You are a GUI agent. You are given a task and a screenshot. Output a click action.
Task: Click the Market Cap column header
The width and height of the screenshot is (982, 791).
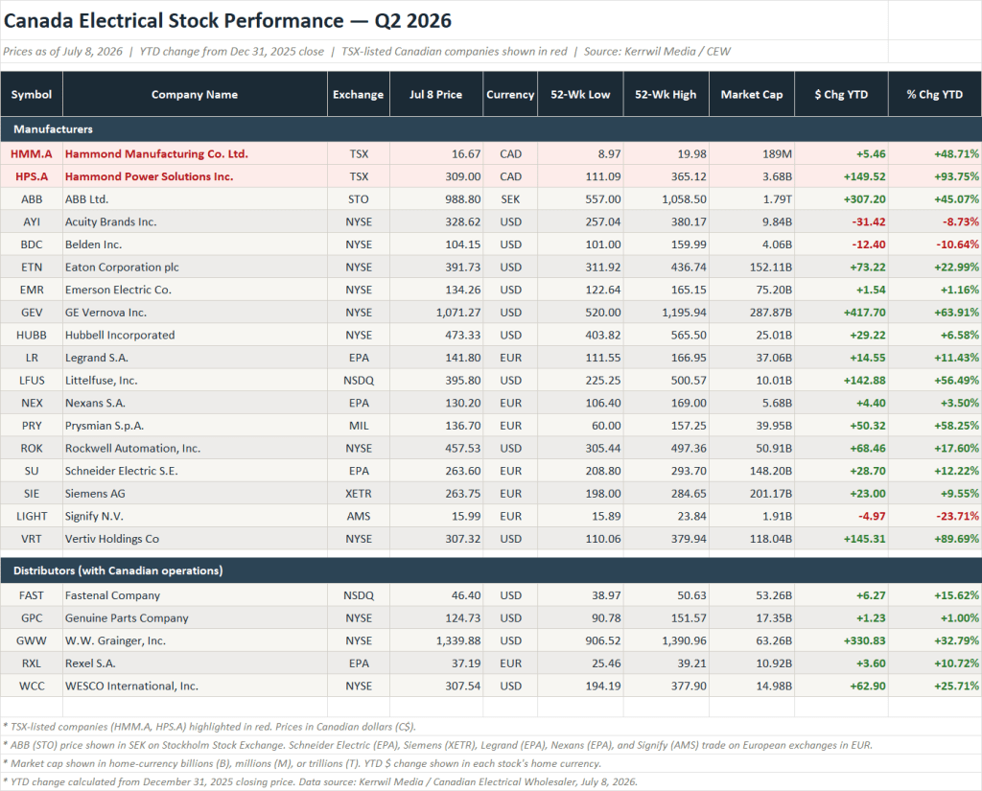click(752, 95)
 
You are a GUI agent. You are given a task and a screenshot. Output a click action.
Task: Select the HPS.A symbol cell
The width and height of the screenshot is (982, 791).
click(32, 176)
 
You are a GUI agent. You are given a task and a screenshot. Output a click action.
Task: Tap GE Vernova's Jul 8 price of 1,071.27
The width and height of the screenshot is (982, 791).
click(458, 313)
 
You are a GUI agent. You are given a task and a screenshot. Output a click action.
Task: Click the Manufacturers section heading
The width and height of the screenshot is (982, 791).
click(54, 129)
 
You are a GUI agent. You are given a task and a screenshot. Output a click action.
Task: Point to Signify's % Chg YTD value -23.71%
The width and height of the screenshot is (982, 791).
click(956, 516)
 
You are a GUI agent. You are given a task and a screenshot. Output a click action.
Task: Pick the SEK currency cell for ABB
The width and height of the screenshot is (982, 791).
click(510, 199)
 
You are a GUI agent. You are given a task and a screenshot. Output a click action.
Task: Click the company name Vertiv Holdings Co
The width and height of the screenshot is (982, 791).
click(112, 539)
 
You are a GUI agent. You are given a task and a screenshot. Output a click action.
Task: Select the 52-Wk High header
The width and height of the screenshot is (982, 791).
click(666, 95)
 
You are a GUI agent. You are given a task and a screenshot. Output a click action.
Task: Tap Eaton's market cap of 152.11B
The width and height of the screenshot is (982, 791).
click(771, 268)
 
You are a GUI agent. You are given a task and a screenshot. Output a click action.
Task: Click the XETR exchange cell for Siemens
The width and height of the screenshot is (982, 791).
click(359, 494)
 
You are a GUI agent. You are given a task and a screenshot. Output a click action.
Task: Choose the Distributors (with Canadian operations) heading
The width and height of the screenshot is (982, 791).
click(118, 570)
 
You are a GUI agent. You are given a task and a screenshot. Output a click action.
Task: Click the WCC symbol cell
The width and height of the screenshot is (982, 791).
click(32, 686)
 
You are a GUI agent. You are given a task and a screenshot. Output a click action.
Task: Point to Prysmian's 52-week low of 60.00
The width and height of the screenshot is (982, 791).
click(606, 426)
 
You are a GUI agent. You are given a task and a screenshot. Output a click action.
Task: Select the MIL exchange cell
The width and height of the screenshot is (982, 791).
click(359, 426)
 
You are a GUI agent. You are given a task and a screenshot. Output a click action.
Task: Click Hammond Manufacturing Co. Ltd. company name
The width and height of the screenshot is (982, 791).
click(156, 154)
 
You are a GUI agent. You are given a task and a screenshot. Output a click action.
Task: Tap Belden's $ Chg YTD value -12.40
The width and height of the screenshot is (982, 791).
click(869, 244)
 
